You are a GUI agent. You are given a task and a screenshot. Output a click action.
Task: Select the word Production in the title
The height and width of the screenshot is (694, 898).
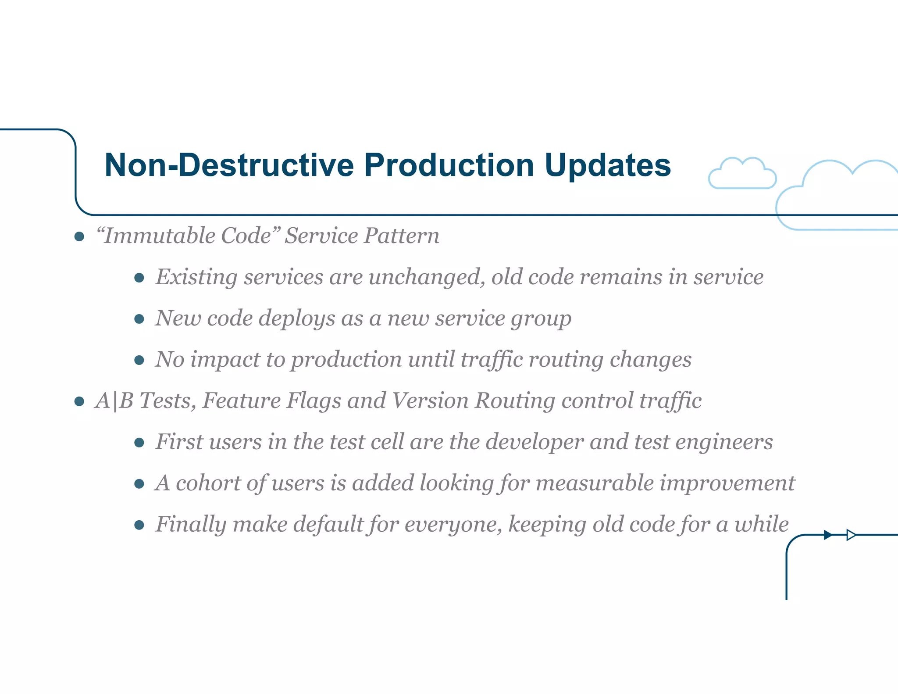pyautogui.click(x=449, y=165)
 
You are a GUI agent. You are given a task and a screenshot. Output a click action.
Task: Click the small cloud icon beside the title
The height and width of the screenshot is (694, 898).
pyautogui.click(x=742, y=174)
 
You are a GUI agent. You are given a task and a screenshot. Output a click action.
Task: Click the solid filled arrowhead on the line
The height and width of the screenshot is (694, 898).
pyautogui.click(x=827, y=535)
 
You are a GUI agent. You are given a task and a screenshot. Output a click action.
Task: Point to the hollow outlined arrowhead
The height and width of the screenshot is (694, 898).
pyautogui.click(x=851, y=535)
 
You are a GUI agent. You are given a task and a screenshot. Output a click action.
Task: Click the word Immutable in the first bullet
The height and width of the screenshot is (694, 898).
pyautogui.click(x=160, y=236)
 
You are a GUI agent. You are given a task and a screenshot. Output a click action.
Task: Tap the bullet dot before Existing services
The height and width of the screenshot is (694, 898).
pyautogui.click(x=139, y=278)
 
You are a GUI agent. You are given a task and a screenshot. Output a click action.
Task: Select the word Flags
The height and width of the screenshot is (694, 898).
pyautogui.click(x=314, y=401)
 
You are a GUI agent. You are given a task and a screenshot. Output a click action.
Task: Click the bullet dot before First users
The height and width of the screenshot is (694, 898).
pyautogui.click(x=139, y=443)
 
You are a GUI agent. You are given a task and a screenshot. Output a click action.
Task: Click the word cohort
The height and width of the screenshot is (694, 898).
pyautogui.click(x=208, y=483)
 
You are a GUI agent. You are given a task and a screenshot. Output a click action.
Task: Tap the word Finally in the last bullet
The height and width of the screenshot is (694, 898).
pyautogui.click(x=191, y=524)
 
